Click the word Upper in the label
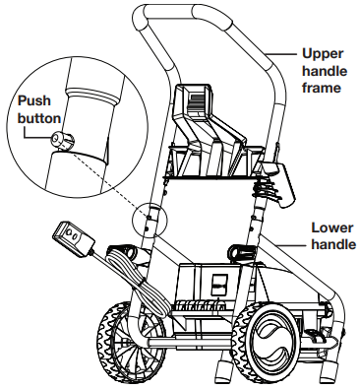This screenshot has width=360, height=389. [323, 54]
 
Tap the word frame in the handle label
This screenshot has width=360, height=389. [322, 88]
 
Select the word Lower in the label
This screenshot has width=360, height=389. [332, 227]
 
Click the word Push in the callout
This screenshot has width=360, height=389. [34, 100]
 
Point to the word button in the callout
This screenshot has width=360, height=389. [39, 118]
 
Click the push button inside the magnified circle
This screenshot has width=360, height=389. [63, 140]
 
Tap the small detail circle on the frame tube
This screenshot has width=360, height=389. [150, 221]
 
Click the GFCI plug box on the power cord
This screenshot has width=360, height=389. [73, 239]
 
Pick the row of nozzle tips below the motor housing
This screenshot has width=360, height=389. [199, 306]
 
